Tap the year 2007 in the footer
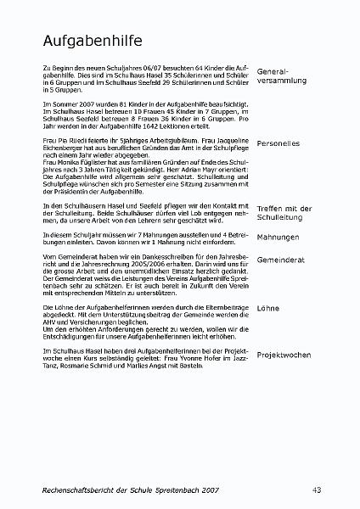pyautogui.click(x=229, y=489)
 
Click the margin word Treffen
pyautogui.click(x=272, y=208)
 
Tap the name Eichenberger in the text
pyautogui.click(x=63, y=148)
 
